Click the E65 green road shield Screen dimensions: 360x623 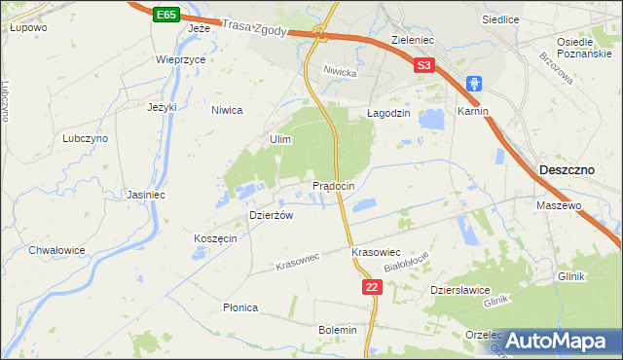click(x=165, y=16)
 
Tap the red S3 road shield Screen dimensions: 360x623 click(x=422, y=66)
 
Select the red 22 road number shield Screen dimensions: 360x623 click(x=371, y=287)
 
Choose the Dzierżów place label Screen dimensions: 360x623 click(x=271, y=215)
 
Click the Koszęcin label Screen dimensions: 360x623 click(x=215, y=239)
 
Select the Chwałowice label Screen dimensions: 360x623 click(x=56, y=250)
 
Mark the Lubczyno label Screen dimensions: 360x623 click(x=86, y=139)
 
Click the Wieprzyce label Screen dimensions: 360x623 click(x=180, y=58)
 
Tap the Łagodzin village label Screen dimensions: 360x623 click(x=387, y=113)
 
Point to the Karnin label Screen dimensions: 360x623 click(x=472, y=112)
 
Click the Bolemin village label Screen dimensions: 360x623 click(x=338, y=330)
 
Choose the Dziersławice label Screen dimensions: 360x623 click(x=459, y=290)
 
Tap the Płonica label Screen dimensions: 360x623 click(x=239, y=307)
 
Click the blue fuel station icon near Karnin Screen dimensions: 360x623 click(x=474, y=85)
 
